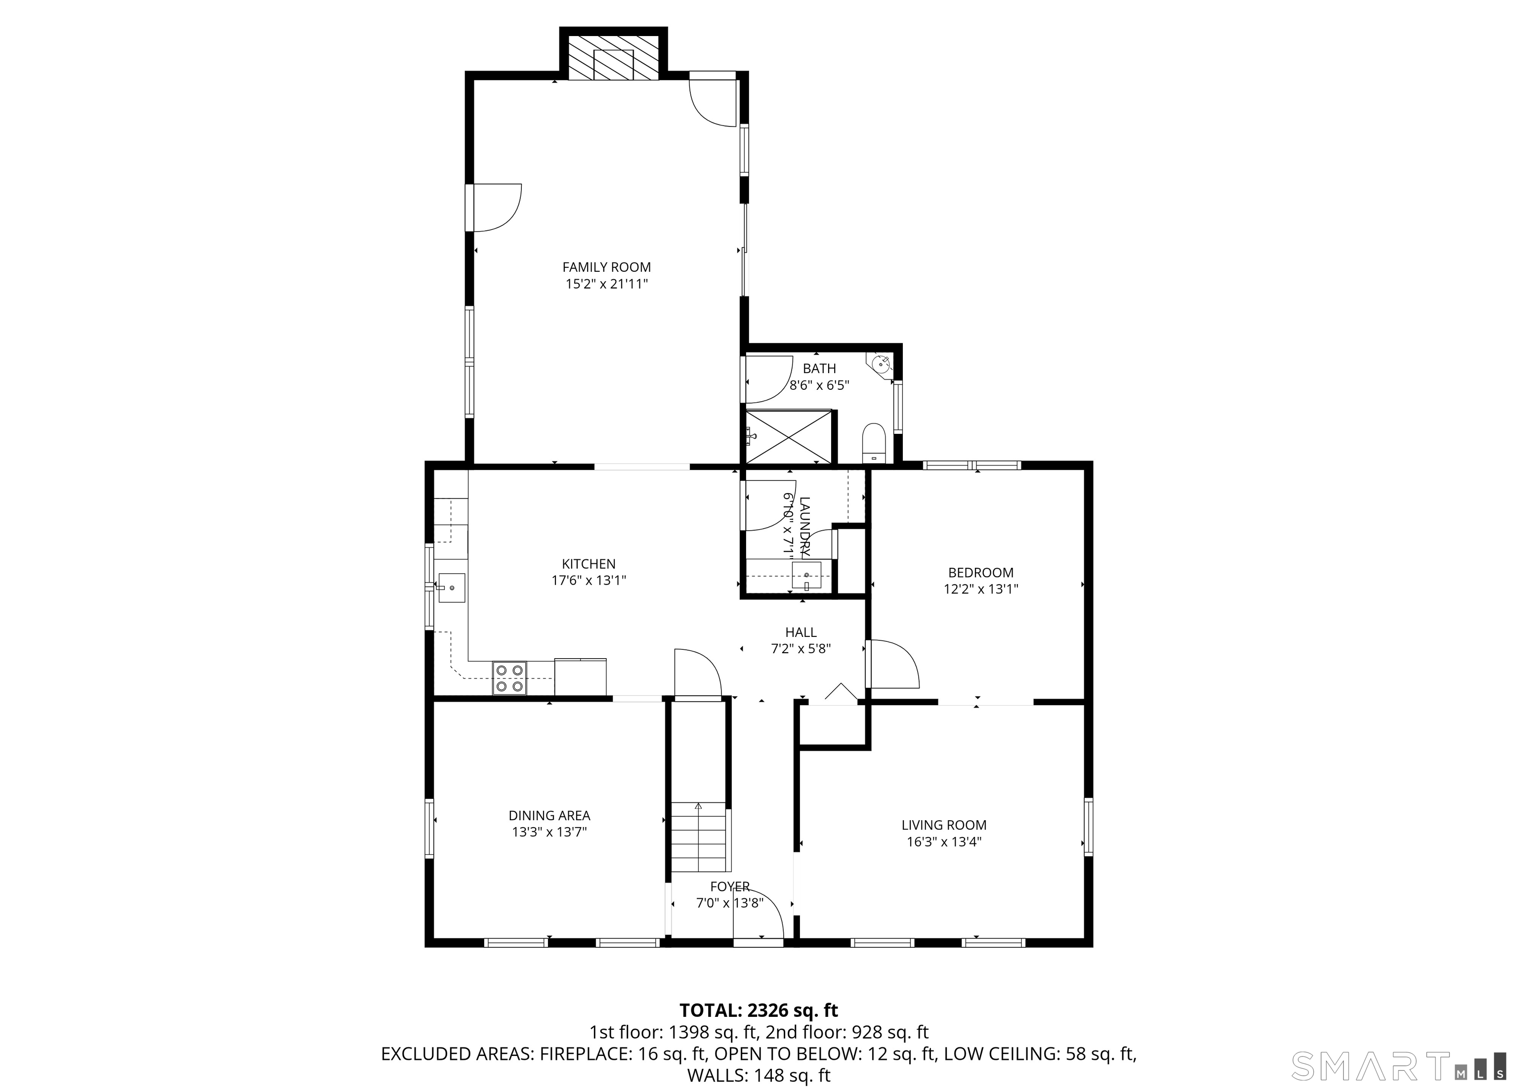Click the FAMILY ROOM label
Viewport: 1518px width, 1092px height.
click(x=606, y=267)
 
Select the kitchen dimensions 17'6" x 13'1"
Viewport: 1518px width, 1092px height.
click(x=589, y=580)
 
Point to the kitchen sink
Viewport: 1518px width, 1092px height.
click(x=451, y=588)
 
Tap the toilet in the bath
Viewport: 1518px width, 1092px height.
click(x=874, y=443)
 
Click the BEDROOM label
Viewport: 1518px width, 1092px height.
click(x=980, y=572)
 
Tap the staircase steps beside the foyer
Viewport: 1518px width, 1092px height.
click(x=698, y=837)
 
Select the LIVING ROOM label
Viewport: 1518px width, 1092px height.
click(x=944, y=825)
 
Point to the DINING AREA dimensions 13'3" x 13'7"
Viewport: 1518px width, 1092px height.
click(x=549, y=832)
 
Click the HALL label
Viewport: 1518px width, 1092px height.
click(x=801, y=631)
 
